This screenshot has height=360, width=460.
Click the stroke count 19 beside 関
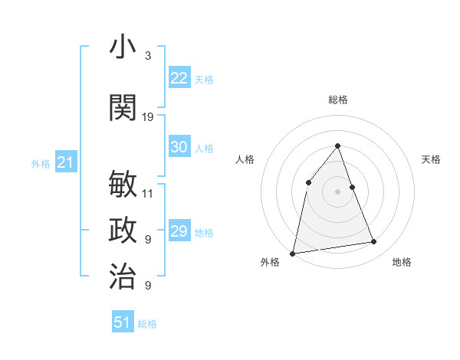148,117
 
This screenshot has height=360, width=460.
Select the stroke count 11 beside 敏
148,194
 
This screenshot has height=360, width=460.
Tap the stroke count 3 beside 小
148,57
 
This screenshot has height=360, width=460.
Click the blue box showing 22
179,78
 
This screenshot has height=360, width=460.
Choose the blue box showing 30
179,147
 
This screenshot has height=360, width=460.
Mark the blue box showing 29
179,231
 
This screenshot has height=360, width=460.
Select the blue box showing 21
65,162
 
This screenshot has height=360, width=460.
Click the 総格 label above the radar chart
338,100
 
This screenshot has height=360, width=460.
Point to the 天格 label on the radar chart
431,159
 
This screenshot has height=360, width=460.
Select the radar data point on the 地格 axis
374,242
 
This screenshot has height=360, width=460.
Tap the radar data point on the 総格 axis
338,146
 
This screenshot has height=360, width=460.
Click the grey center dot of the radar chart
338,191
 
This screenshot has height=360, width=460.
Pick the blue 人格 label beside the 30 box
204,148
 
